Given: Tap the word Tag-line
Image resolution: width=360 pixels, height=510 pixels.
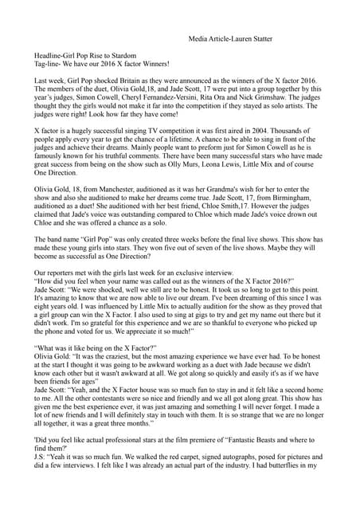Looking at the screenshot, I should pyautogui.click(x=49, y=65).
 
